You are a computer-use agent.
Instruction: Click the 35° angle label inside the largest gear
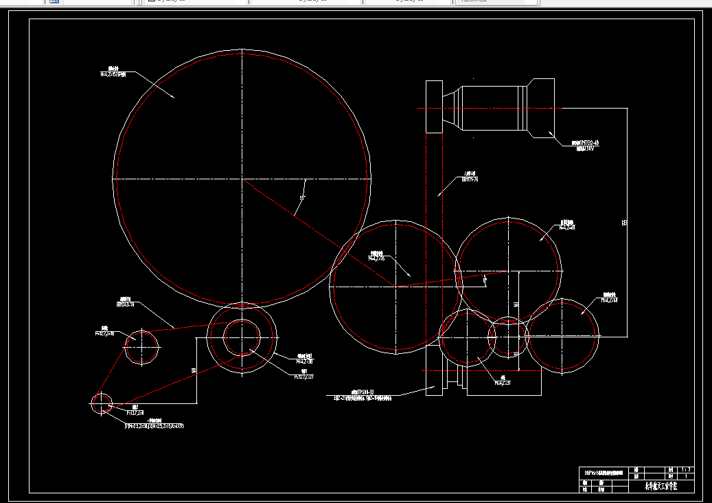pos(302,198)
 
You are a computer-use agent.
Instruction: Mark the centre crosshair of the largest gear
pos(242,179)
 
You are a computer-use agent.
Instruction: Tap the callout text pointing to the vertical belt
pos(470,177)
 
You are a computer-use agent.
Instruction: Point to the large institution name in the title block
pos(661,486)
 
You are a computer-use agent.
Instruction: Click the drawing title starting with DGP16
pos(604,473)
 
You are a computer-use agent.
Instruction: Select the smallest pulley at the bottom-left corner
pos(102,403)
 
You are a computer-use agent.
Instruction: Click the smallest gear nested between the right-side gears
pos(508,337)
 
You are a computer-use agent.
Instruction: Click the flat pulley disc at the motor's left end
pos(434,107)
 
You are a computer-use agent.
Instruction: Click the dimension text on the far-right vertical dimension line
pos(624,223)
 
